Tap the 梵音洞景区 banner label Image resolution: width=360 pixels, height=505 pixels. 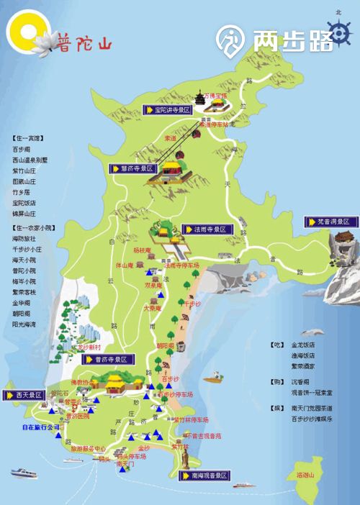(x=332, y=222)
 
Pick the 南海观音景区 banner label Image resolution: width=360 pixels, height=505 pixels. (x=202, y=476)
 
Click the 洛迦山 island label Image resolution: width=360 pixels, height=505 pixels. (x=307, y=476)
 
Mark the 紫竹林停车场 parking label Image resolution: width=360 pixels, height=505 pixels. (x=192, y=419)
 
